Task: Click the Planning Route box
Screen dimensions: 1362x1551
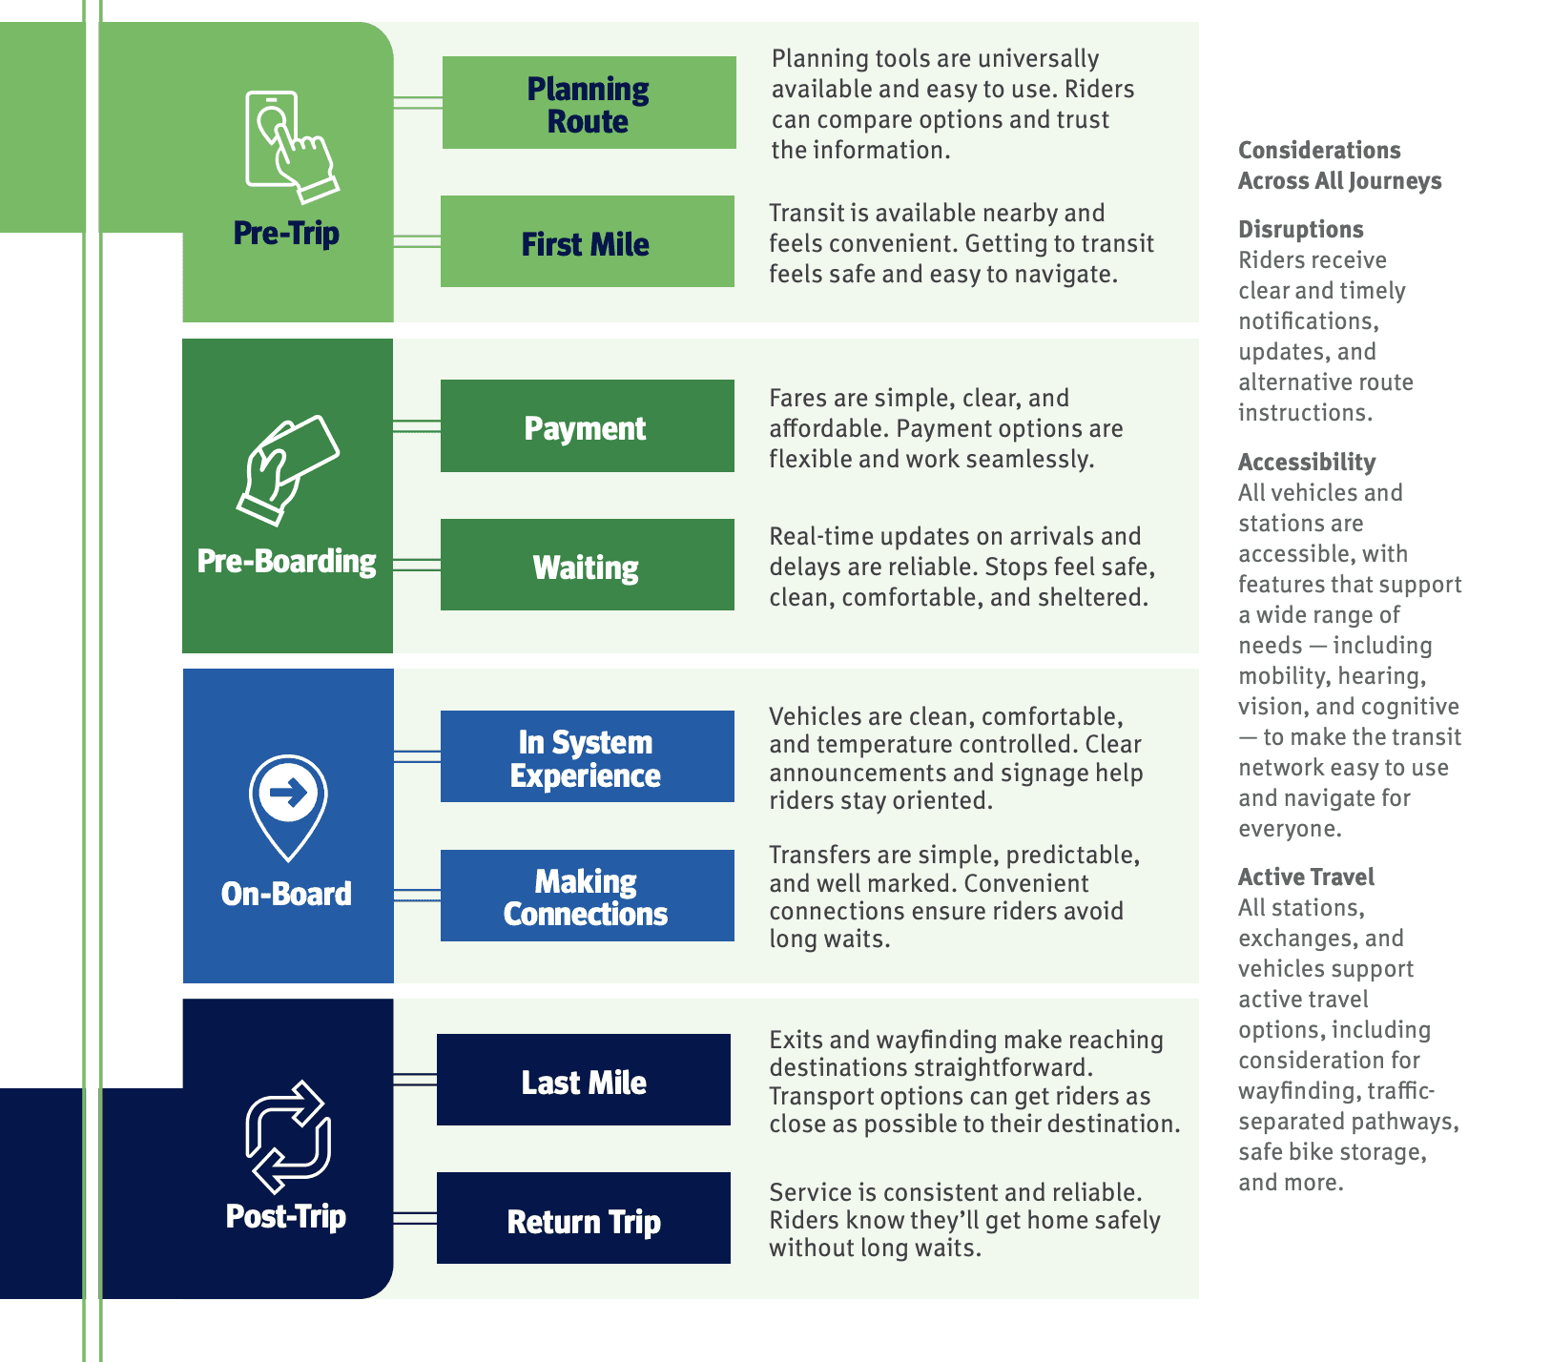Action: (589, 103)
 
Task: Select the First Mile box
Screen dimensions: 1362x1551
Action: (587, 242)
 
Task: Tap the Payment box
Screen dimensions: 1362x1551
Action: (587, 426)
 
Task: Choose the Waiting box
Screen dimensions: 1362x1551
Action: (587, 566)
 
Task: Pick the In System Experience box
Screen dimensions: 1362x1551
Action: (587, 757)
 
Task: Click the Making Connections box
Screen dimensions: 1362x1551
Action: (587, 897)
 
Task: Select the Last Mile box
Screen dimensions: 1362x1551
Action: (584, 1081)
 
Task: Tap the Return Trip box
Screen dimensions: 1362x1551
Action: (584, 1219)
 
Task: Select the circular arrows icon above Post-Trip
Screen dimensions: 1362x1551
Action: (288, 1136)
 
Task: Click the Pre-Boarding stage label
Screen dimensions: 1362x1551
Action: (287, 561)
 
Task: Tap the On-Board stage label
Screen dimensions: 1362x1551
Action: (287, 894)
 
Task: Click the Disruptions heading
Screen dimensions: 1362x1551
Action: (1300, 230)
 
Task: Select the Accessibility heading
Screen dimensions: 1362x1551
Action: (1307, 463)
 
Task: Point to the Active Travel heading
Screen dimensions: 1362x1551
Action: (1306, 877)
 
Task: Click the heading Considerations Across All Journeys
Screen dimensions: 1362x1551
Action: (1338, 165)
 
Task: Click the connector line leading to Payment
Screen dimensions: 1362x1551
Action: (417, 426)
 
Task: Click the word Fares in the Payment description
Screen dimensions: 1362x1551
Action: (798, 398)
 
